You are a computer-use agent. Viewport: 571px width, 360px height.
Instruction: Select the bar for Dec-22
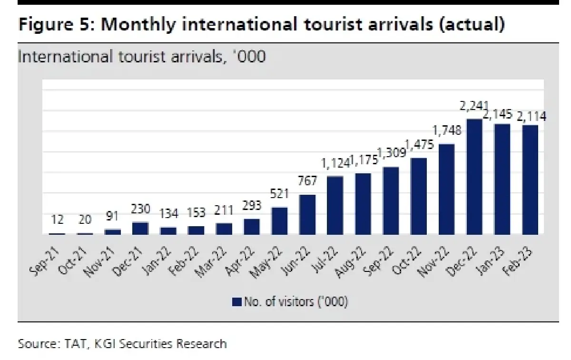tap(475, 177)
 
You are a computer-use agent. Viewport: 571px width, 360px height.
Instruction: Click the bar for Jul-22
tap(335, 205)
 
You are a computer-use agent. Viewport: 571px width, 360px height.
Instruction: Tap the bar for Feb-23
tap(531, 180)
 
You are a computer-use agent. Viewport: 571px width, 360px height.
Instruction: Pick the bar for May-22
tap(279, 221)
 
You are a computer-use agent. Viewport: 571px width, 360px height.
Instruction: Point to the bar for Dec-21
tap(140, 228)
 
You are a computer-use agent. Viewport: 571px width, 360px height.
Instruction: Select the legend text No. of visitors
tap(295, 301)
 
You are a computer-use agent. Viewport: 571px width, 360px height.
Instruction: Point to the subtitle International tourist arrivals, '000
tap(141, 57)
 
